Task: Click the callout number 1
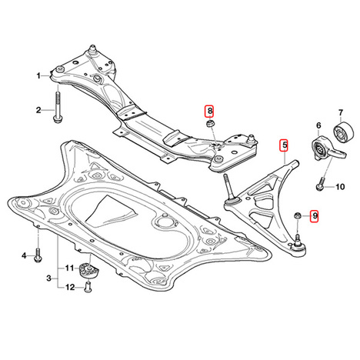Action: coord(38,76)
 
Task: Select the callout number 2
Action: coord(38,110)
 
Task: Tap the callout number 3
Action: coord(49,278)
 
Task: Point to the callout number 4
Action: coord(24,255)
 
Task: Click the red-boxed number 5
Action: coord(285,145)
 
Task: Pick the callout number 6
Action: coord(318,125)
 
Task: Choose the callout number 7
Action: coord(341,112)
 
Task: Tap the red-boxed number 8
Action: coord(210,111)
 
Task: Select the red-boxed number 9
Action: coord(315,216)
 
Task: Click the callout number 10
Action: coord(340,187)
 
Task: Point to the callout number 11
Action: coord(69,268)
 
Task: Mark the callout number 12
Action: coord(70,288)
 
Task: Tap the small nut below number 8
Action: coord(210,124)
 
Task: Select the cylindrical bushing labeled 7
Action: coord(345,132)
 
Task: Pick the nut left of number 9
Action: coord(298,215)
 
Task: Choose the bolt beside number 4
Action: coord(38,256)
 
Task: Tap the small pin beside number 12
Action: coord(88,287)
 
